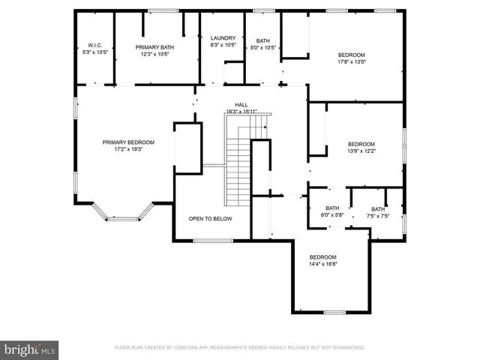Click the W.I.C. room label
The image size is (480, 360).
(94, 45)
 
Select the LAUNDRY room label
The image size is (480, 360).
(223, 38)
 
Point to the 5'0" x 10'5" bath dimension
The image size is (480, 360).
(262, 48)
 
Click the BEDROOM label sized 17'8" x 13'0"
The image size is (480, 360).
(351, 55)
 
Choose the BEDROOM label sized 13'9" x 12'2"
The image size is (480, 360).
(361, 144)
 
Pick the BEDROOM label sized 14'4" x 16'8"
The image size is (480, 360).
(323, 256)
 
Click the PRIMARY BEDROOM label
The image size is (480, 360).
(128, 142)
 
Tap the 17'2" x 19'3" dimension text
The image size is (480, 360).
(128, 149)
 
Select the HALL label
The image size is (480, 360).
(241, 106)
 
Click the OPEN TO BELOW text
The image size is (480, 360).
(210, 219)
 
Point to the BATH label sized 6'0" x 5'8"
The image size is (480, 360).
(332, 208)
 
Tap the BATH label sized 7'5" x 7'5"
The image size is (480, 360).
(377, 209)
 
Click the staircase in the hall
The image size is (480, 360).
(238, 169)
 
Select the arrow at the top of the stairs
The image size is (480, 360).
(265, 127)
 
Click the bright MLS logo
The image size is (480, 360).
(30, 349)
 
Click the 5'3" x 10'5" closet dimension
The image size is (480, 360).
(94, 52)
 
